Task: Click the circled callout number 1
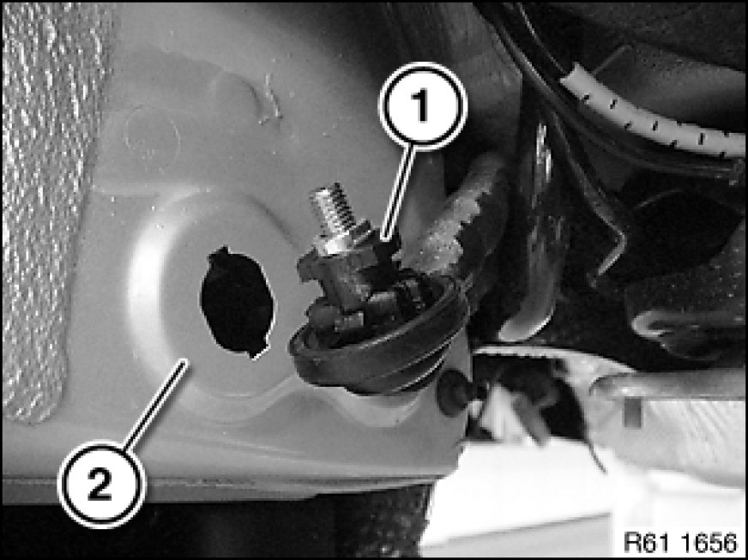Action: tap(422, 105)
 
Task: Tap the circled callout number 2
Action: tap(100, 485)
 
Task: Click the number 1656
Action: tap(709, 542)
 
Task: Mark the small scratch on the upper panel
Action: tap(271, 101)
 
